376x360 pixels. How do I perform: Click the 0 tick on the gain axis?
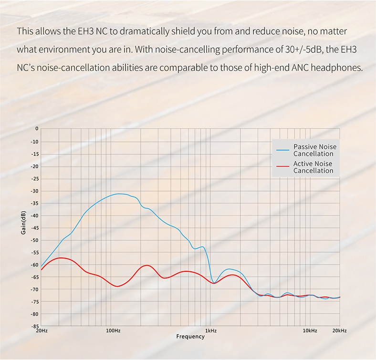[36, 129]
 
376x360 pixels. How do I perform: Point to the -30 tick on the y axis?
[33, 191]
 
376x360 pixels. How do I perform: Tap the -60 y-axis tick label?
[33, 265]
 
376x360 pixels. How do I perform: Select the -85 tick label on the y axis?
[33, 327]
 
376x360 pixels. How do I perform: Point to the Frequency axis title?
[190, 337]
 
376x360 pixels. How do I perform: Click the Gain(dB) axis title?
[24, 228]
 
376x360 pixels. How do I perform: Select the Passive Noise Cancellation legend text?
[314, 150]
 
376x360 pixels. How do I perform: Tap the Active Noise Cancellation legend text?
[313, 167]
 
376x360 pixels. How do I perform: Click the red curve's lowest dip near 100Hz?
[117, 286]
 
